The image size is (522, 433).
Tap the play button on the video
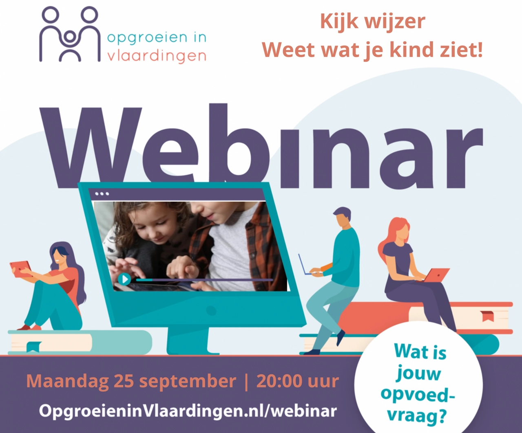point(124,279)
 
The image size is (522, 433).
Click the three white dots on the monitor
point(102,194)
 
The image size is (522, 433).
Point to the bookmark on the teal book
point(33,346)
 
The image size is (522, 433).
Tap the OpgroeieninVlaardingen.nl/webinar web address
point(188,411)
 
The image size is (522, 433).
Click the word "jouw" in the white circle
point(418,373)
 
